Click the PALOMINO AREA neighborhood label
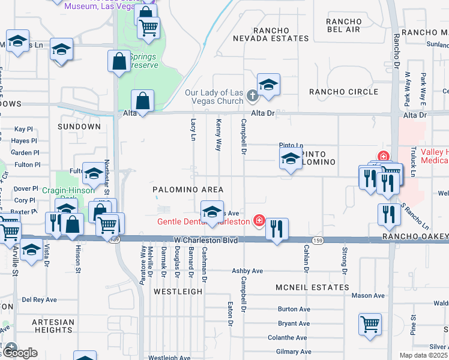point(188,190)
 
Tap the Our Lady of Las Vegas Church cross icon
point(253,95)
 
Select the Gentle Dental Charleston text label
point(203,221)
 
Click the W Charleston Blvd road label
point(202,240)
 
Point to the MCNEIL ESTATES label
point(312,287)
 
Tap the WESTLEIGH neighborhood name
point(178,291)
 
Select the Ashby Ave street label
point(247,271)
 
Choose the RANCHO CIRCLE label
point(343,92)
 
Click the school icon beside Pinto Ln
point(291,160)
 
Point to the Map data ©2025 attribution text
point(424,355)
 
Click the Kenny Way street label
point(218,134)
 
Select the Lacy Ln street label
point(193,129)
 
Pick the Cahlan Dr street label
point(306,256)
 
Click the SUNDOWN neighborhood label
point(79,127)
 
